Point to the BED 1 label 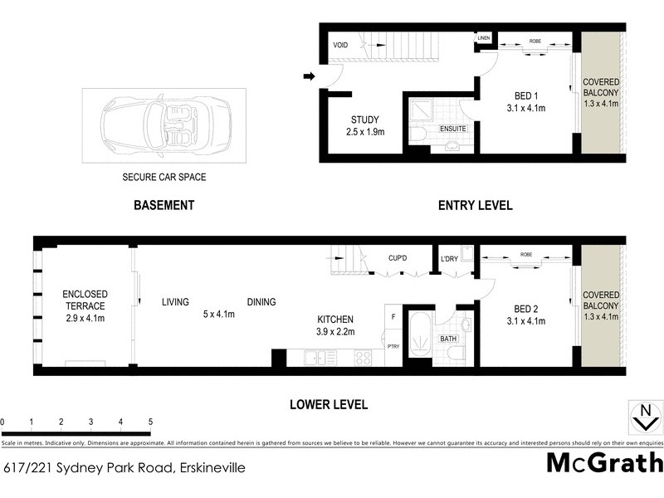[x=525, y=95]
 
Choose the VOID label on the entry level [x=340, y=45]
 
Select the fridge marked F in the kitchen [x=393, y=317]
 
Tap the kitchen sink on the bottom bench [x=316, y=358]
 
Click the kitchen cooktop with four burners [x=364, y=358]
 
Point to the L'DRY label [x=449, y=258]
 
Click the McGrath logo [x=604, y=463]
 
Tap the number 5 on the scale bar [x=150, y=422]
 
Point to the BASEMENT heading [x=164, y=205]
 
